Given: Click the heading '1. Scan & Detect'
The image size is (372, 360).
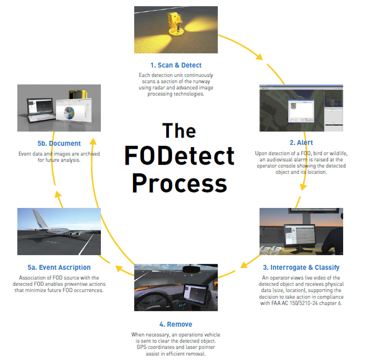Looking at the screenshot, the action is coord(176,65).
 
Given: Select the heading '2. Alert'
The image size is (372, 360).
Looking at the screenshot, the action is coord(301,143).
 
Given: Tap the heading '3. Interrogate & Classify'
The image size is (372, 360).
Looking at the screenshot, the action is coord(301,267).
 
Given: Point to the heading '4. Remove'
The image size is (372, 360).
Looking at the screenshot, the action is coord(176,324).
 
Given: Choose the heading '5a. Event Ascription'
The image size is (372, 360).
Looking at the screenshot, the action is coord(59,267).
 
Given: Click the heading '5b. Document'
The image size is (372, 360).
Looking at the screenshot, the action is coord(59,144).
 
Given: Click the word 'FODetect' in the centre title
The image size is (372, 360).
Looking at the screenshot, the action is coord(179,155).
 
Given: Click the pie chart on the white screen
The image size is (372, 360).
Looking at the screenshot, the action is coord(69,113).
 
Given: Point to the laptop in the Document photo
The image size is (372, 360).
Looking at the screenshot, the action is coord(41,110).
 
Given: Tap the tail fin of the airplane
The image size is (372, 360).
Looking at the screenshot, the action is coord(39,219).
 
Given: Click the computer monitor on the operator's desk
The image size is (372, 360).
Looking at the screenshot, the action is coord(300,235).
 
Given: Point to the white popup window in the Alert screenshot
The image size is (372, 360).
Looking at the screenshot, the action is coord(301,111).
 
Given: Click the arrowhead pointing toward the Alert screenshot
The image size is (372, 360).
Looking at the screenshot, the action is coord(259,57).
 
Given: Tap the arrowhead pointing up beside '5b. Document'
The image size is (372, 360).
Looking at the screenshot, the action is coord(93,141).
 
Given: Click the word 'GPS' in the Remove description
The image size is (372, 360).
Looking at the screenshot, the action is coord(141,347).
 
